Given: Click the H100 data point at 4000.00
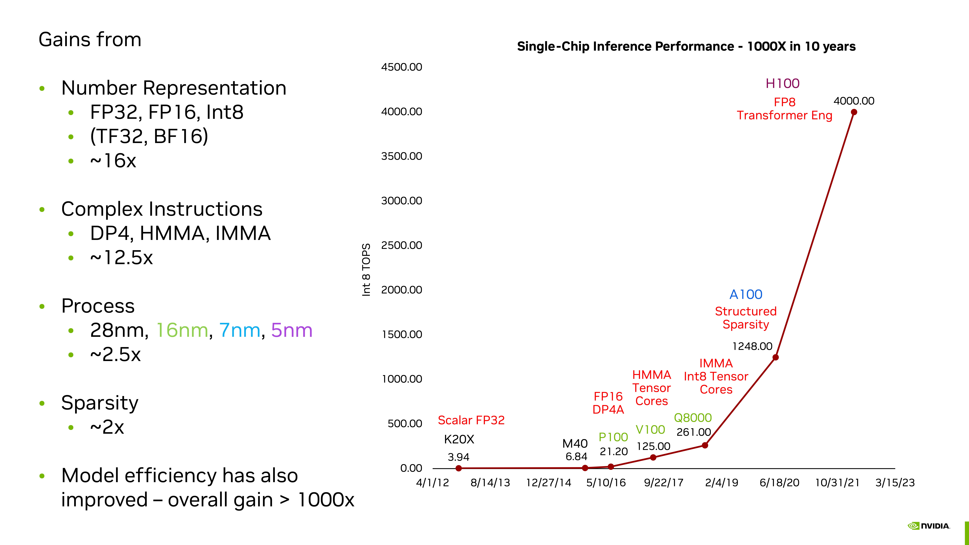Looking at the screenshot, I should pos(854,112).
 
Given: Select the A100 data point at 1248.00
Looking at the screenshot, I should pos(775,357).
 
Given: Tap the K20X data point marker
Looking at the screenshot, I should pos(459,468).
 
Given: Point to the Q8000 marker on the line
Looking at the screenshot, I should pos(705,445).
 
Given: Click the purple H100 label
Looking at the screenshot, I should pos(782,83).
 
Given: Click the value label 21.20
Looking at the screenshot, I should pos(613,451).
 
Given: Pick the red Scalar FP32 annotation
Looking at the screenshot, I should pos(471,420).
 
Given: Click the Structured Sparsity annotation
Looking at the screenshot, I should pos(746,318).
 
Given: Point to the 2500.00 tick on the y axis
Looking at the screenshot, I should pos(401,245).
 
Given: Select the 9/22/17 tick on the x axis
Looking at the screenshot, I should pos(664,483).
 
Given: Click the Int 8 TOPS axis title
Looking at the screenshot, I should pos(366,270).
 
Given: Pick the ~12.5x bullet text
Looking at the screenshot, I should pos(121,258).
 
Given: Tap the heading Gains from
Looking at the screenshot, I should pos(90,39).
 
